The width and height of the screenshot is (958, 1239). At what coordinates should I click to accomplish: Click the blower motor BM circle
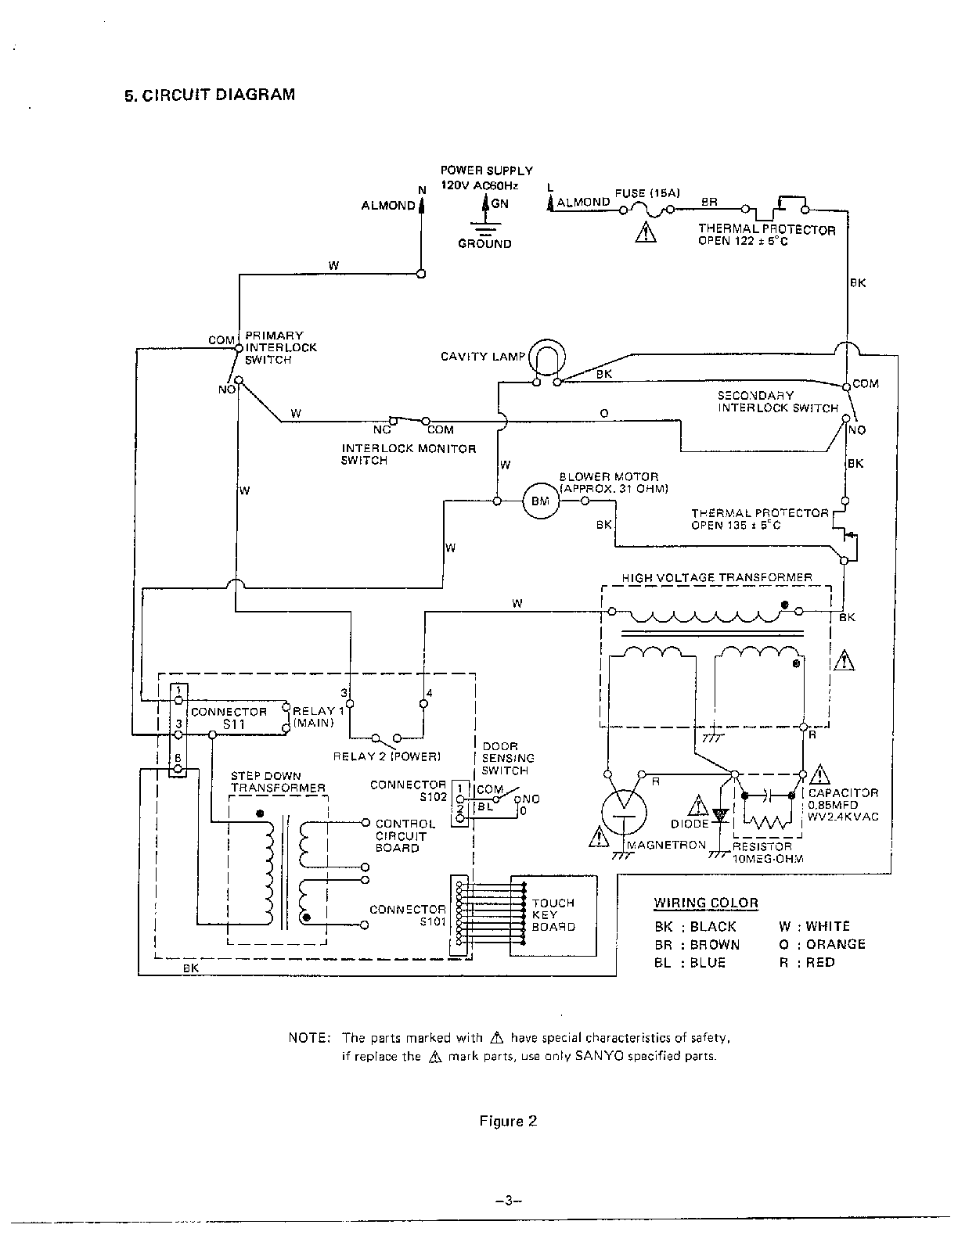[540, 501]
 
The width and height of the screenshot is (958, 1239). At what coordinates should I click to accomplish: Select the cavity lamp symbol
[547, 357]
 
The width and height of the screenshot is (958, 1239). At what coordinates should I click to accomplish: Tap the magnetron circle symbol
[625, 813]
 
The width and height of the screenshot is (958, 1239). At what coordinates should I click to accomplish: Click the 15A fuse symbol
[646, 210]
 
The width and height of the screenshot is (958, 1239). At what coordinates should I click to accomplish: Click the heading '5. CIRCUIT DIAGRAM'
[210, 95]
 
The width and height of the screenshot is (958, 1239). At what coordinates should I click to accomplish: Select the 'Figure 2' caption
[508, 1121]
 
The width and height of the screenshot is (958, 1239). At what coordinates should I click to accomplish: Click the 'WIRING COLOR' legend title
[706, 903]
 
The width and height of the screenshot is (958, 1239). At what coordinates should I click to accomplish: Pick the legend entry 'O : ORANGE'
[822, 943]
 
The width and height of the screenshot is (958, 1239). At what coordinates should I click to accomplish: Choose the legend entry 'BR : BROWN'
[697, 944]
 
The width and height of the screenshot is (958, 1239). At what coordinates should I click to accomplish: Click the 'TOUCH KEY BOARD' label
[553, 914]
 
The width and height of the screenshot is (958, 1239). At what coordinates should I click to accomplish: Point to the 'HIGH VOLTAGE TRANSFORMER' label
[717, 577]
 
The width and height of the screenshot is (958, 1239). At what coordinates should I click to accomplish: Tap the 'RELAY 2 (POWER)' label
[387, 756]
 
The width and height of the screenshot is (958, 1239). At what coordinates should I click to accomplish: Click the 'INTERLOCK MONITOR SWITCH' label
[409, 454]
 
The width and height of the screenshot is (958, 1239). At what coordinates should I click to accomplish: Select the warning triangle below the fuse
[646, 232]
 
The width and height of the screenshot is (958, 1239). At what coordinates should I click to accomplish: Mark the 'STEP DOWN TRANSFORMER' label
[278, 781]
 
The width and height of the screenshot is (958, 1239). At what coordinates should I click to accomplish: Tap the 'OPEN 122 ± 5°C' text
[742, 241]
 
